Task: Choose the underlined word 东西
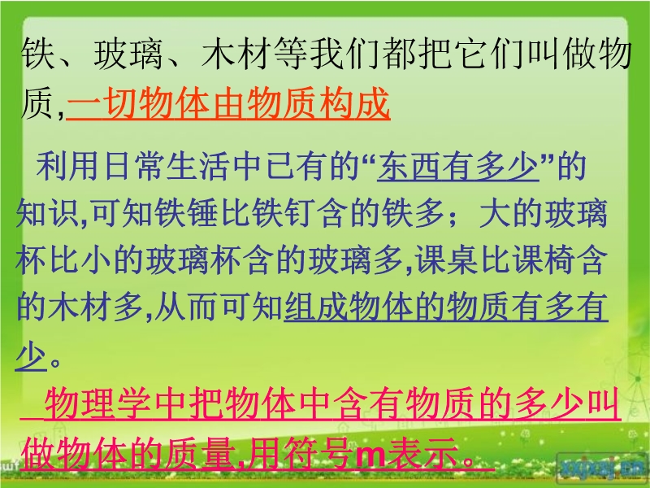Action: point(409,167)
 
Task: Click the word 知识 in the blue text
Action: point(47,214)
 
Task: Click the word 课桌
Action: point(447,260)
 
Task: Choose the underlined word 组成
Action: point(315,307)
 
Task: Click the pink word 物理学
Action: point(98,403)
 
